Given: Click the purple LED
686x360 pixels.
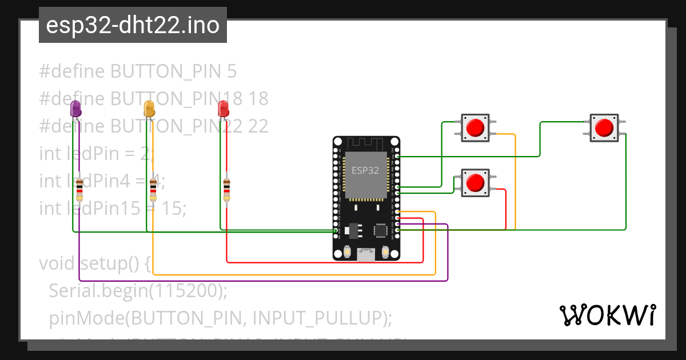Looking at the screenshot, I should point(75,109).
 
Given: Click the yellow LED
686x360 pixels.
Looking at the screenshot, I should point(149,109).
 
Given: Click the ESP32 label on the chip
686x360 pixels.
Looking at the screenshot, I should point(365,170).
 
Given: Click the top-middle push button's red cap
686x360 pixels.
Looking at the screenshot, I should point(474,127).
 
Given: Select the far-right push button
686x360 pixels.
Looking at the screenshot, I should point(604,127).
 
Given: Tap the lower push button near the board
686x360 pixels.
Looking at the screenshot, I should point(474,182).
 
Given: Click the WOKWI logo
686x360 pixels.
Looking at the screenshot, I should point(607,315).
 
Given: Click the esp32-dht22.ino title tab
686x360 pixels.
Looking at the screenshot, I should point(133,25).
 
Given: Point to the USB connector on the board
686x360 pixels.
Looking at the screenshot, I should point(366,254).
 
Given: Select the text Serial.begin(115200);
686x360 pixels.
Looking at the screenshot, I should point(138,291).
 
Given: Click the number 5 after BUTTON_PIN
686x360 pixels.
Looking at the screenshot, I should point(232,71).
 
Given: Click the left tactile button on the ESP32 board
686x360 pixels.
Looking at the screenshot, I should point(348,251).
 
